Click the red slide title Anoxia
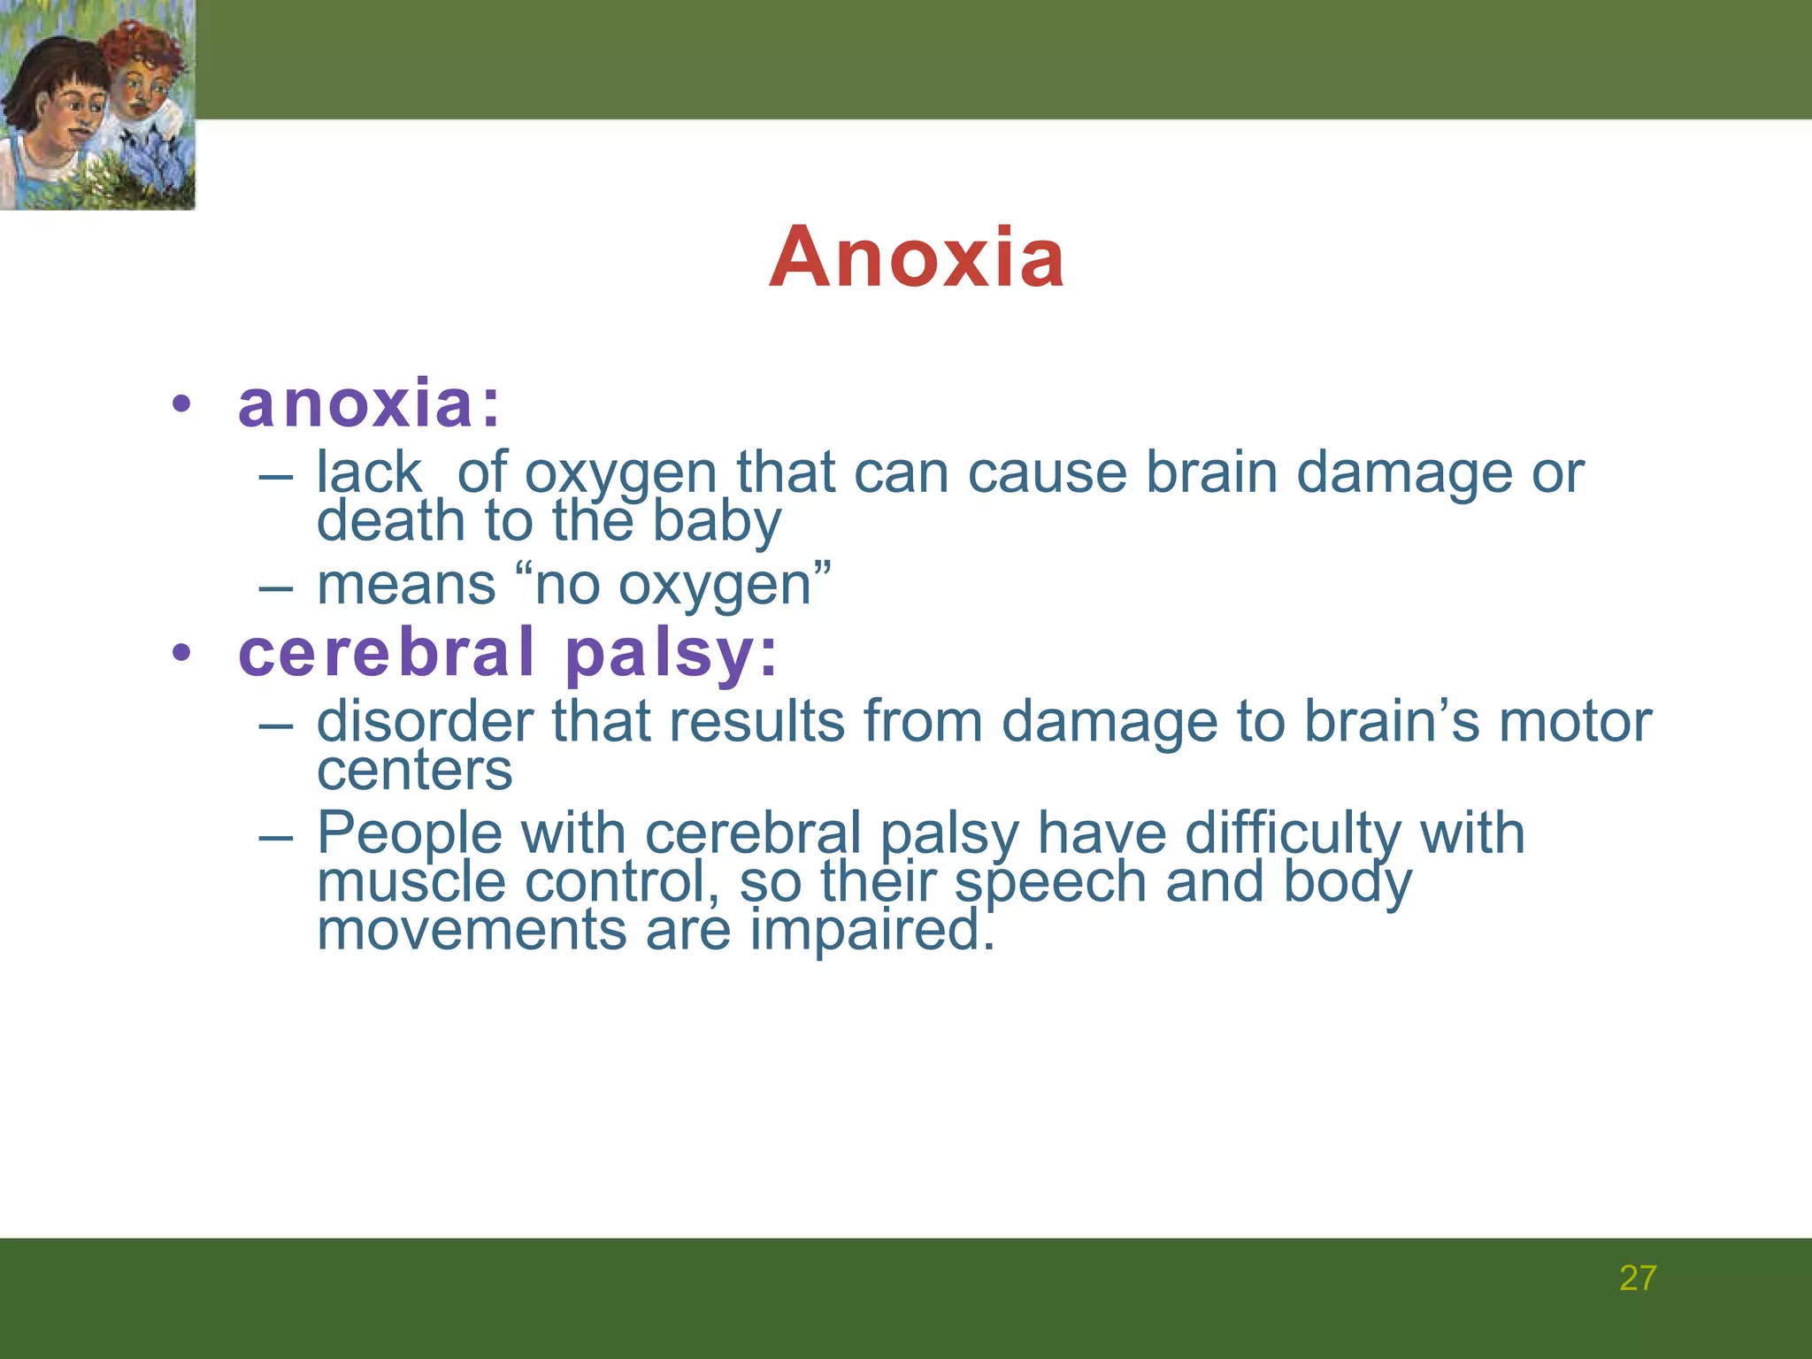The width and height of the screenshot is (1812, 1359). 917,257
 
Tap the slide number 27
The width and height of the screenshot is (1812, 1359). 1637,1278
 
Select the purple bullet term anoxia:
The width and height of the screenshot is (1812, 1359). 369,403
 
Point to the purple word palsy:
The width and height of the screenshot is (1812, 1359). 671,656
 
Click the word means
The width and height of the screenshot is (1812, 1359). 406,585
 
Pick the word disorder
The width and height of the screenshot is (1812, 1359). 425,721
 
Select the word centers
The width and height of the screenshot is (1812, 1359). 414,770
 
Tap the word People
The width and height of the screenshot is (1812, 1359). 409,834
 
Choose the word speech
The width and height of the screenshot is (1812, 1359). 1050,884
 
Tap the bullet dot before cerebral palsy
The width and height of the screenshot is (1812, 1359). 181,654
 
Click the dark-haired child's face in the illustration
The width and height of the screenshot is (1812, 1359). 75,111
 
